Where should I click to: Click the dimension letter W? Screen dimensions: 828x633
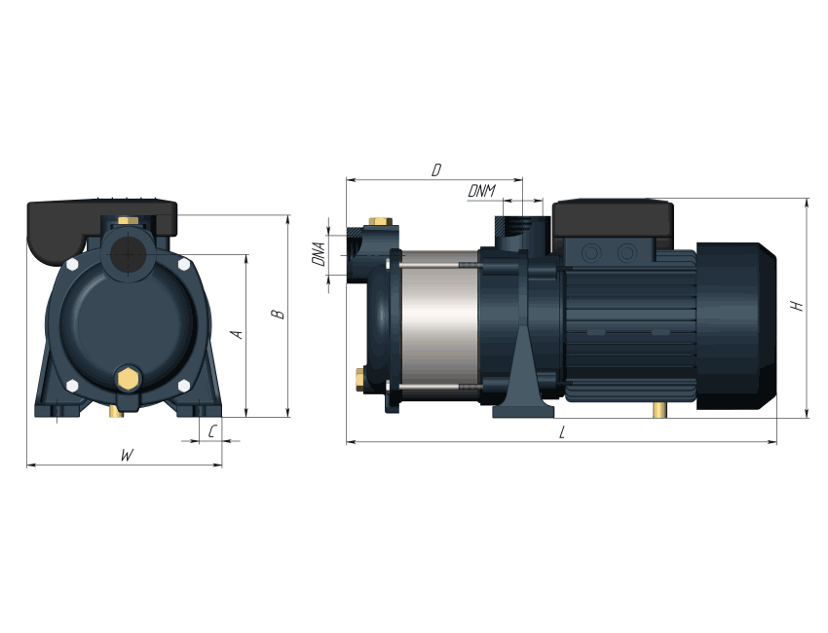point(127,455)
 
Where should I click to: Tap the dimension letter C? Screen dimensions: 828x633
point(211,431)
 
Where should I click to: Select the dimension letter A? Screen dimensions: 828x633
point(237,334)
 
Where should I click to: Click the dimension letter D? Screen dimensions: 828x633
point(436,170)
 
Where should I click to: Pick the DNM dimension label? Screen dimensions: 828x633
point(481,191)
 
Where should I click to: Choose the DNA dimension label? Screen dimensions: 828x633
point(319,254)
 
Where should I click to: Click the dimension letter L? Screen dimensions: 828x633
point(562,433)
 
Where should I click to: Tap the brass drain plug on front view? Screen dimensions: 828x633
point(128,378)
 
